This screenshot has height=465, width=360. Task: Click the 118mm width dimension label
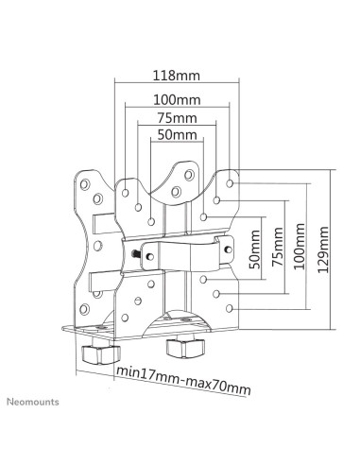pos(177,76)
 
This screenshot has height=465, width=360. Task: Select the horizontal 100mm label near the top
pos(177,100)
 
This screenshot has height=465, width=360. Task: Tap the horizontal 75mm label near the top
pos(178,118)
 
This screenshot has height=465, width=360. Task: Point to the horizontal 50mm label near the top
pos(178,135)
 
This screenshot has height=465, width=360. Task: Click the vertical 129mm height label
pos(323,250)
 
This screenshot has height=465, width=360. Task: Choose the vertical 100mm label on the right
pos(300,247)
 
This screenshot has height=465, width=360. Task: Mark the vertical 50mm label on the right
pos(255,250)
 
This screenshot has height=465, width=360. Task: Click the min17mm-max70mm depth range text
pos(184,380)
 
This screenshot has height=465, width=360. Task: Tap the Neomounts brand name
pos(33,402)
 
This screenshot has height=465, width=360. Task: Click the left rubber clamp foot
pos(101,353)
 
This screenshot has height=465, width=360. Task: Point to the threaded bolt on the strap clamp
pos(136,253)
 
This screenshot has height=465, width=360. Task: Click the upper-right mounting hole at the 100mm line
pos(230,183)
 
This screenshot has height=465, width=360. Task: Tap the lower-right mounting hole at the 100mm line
pos(230,308)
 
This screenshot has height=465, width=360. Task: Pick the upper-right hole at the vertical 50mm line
pos(203,217)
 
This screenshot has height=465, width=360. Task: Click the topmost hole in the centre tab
pos(189,175)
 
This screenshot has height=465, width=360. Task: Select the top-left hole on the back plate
pos(85,184)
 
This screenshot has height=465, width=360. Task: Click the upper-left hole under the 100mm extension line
pos(126,193)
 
